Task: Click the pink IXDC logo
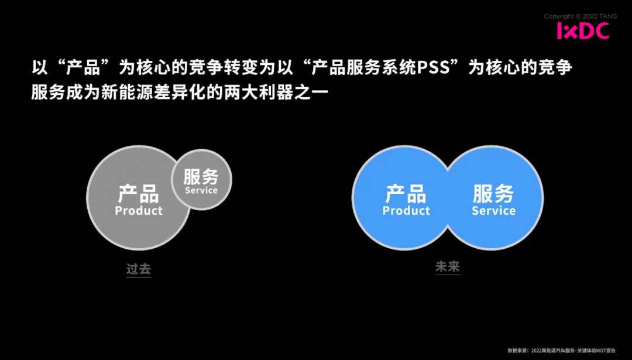(582, 31)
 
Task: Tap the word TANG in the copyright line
(598, 16)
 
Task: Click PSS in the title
(437, 68)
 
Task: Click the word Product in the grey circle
(139, 211)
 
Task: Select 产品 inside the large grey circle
(139, 193)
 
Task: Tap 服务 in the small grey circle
(201, 176)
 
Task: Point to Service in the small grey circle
(201, 190)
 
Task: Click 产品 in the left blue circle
(406, 193)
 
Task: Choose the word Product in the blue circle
(406, 211)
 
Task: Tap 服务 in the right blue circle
(493, 193)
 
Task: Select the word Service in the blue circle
(493, 211)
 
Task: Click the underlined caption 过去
(139, 269)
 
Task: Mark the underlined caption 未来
(448, 267)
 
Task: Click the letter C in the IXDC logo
(601, 31)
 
